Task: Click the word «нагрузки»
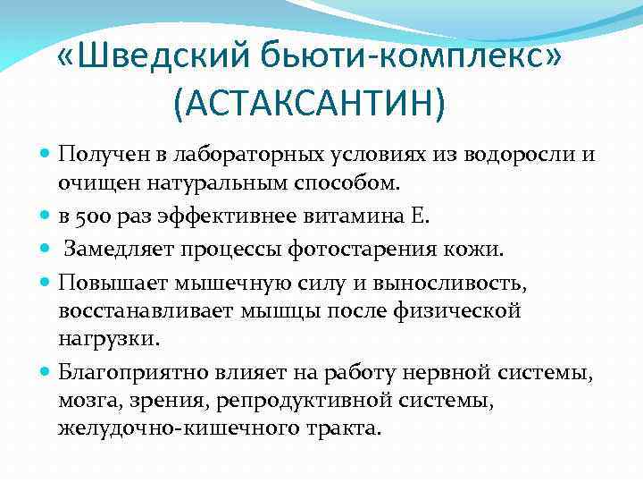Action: [x=107, y=340]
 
